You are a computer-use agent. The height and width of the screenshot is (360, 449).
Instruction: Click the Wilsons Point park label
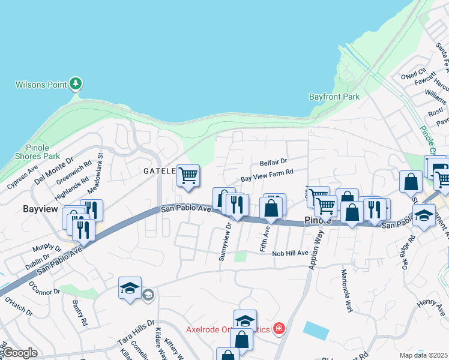(41, 85)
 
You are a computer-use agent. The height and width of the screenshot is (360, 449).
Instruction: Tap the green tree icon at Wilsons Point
(76, 83)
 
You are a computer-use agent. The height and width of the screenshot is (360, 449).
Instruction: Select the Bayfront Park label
(334, 96)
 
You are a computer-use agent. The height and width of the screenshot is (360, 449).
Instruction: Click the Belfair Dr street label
(274, 162)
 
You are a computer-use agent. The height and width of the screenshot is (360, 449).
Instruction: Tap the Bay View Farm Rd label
(267, 175)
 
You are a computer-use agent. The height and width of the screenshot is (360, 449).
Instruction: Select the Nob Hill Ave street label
(290, 253)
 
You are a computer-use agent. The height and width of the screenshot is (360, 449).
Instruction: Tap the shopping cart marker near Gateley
(188, 176)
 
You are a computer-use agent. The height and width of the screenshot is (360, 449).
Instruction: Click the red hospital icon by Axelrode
(279, 328)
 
